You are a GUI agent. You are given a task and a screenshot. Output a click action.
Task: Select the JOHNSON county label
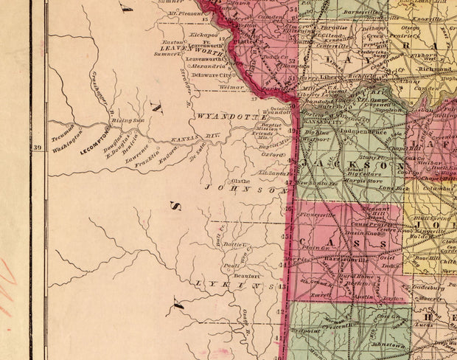tap(244, 189)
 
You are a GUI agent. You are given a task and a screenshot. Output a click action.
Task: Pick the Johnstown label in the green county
tap(387, 345)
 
